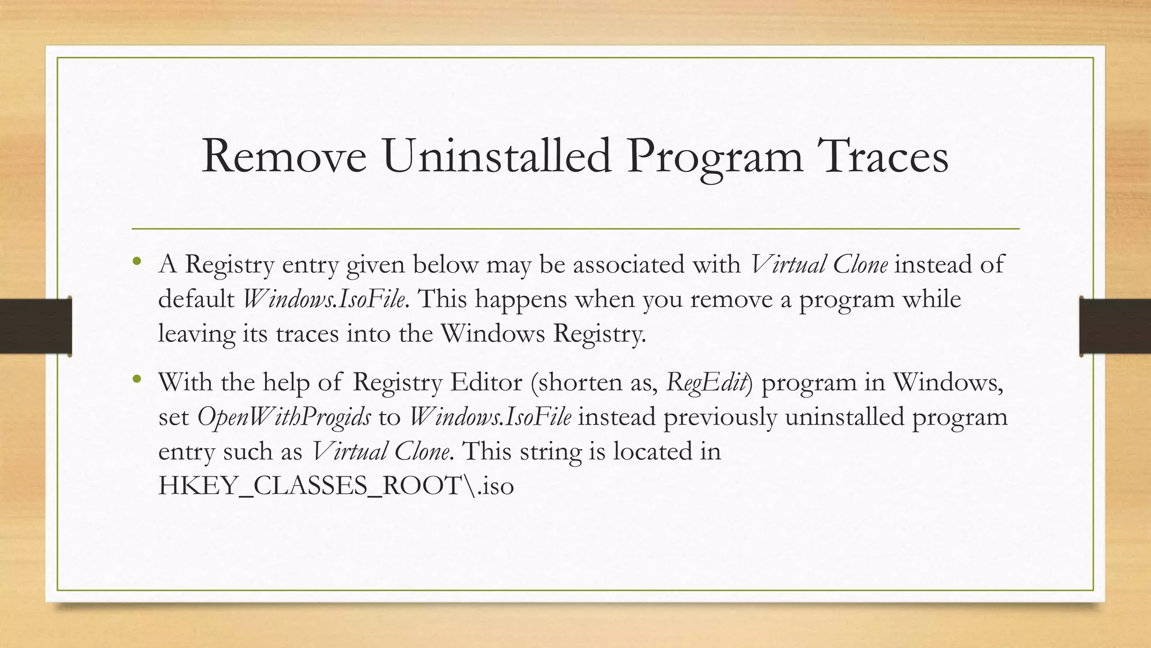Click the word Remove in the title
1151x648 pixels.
pos(284,156)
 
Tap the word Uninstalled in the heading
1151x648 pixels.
pos(497,156)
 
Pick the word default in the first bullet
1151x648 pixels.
pos(196,299)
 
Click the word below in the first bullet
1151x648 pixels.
pos(445,264)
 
